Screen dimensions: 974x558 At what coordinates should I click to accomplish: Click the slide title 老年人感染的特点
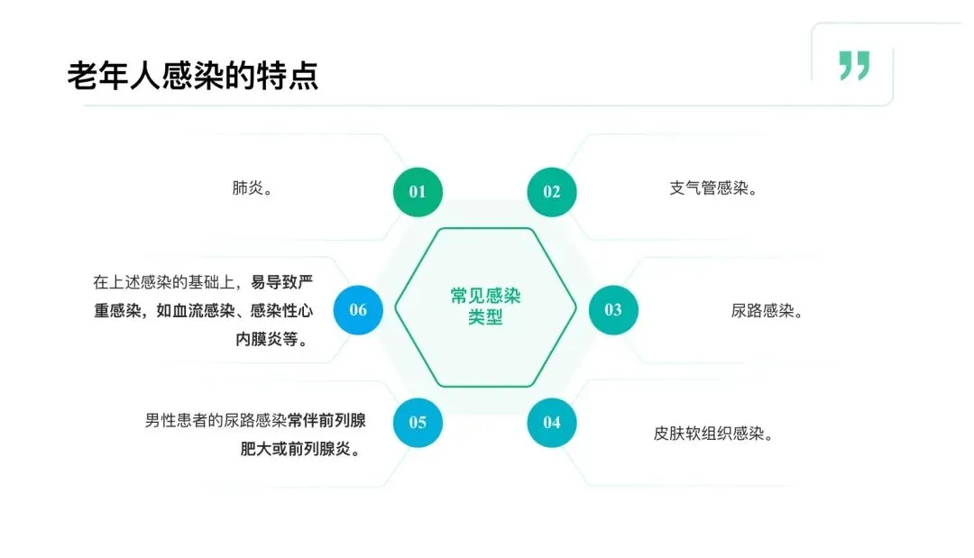pyautogui.click(x=192, y=76)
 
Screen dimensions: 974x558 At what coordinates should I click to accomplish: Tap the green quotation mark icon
pyautogui.click(x=853, y=66)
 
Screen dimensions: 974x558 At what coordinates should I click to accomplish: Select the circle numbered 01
pyautogui.click(x=418, y=191)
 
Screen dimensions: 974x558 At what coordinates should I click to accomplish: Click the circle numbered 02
pyautogui.click(x=551, y=191)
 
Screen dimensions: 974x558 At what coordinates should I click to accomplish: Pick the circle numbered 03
pyautogui.click(x=613, y=310)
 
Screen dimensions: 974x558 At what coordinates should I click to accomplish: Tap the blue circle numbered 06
pyautogui.click(x=358, y=310)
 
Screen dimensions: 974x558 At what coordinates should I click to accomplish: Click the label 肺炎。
pyautogui.click(x=253, y=189)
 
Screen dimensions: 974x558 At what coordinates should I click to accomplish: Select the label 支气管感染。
pyautogui.click(x=713, y=189)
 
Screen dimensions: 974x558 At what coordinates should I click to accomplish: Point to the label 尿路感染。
pyautogui.click(x=767, y=311)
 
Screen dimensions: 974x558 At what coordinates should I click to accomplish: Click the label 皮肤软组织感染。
pyautogui.click(x=713, y=433)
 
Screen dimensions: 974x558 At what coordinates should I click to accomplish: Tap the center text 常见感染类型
pyautogui.click(x=486, y=306)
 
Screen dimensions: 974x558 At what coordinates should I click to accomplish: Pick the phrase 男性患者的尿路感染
pyautogui.click(x=216, y=419)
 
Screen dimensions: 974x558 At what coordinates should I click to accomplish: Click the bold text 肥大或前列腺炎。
pyautogui.click(x=299, y=448)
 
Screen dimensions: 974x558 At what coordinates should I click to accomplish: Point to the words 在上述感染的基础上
pyautogui.click(x=165, y=282)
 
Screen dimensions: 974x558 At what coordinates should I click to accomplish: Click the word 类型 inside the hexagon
pyautogui.click(x=486, y=318)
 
